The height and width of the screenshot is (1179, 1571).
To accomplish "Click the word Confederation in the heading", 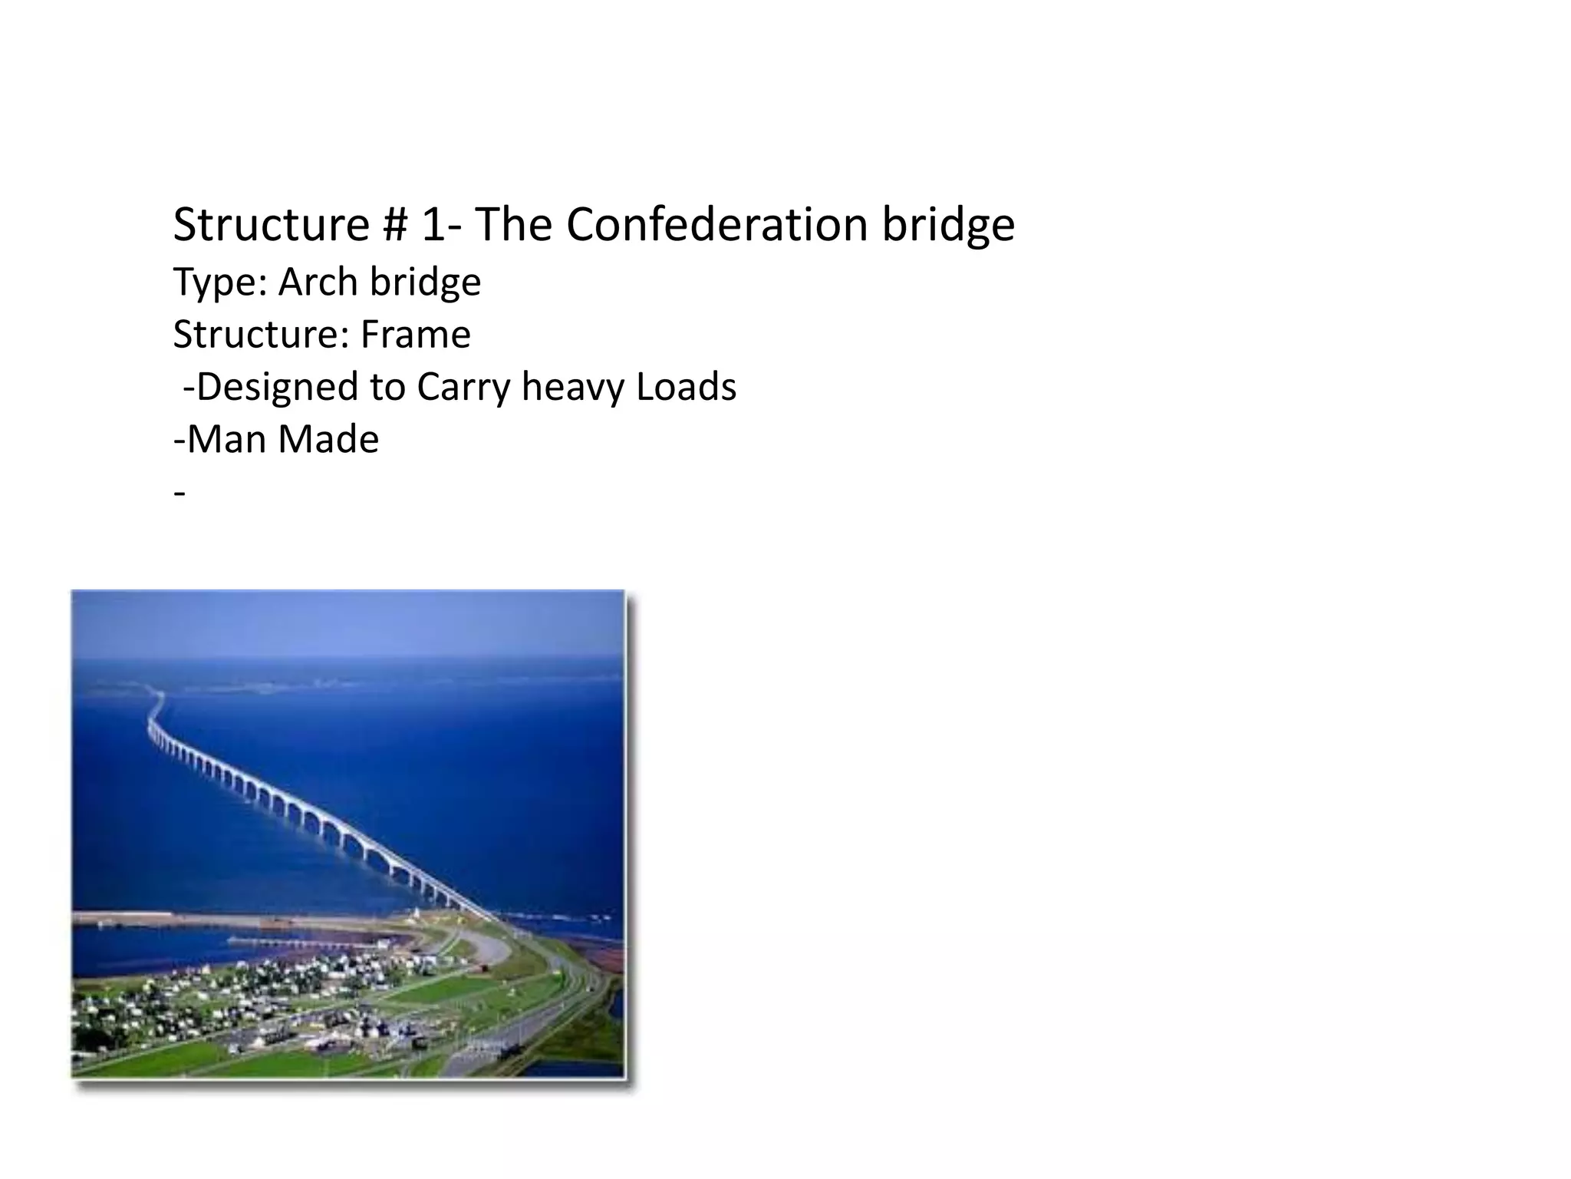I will click(x=717, y=225).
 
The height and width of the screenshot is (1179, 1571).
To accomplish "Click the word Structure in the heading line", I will click(x=271, y=225).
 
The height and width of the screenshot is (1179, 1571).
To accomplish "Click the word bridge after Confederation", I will click(x=948, y=225).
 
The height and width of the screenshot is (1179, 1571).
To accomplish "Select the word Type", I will click(x=219, y=283).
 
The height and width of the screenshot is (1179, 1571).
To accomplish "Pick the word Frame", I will click(x=415, y=334).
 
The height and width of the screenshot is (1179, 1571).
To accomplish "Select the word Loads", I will click(x=686, y=386).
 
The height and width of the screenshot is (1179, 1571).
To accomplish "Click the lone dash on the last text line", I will click(x=179, y=492).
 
